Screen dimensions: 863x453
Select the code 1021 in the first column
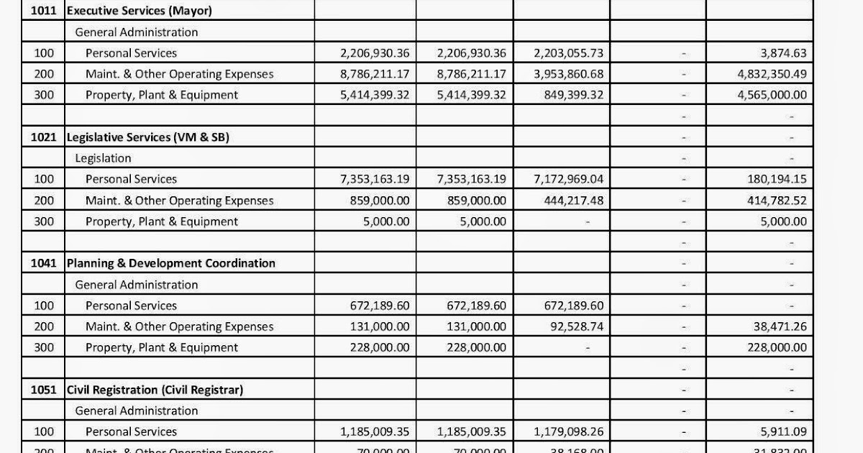click(x=44, y=137)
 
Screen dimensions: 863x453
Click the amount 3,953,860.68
click(x=569, y=74)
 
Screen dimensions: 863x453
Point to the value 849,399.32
click(x=574, y=95)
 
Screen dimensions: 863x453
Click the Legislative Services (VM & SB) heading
click(x=147, y=137)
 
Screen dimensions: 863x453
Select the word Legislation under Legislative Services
click(x=104, y=158)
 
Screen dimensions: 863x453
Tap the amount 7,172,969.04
click(x=569, y=179)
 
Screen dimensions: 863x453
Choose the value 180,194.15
click(x=777, y=179)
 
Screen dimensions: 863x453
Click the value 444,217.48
click(x=574, y=201)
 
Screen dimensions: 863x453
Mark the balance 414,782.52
click(x=777, y=201)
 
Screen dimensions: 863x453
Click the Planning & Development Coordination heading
click(x=170, y=263)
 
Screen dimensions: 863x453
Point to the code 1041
click(x=44, y=263)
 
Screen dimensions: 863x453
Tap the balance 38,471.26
click(x=780, y=326)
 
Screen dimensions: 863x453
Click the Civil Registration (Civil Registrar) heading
click(x=155, y=390)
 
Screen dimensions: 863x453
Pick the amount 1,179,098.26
click(x=569, y=432)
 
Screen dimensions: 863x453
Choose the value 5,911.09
click(x=782, y=432)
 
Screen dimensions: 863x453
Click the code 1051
click(x=44, y=390)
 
